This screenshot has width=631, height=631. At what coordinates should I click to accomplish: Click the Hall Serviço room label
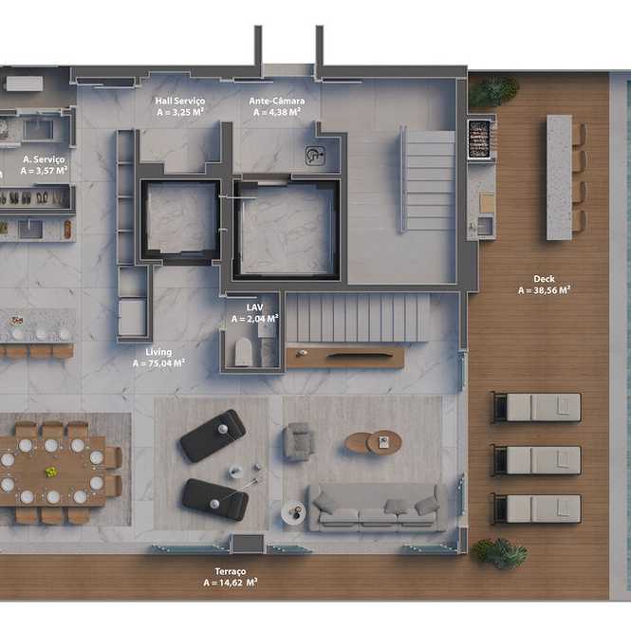click(180, 101)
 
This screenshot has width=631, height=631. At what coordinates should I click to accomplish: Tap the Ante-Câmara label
click(277, 101)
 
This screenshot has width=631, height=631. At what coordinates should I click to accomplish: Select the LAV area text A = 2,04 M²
click(255, 319)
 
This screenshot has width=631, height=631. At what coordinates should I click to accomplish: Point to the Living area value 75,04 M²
click(167, 363)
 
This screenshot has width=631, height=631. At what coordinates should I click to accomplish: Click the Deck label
click(544, 278)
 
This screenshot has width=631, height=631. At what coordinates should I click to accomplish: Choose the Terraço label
click(231, 571)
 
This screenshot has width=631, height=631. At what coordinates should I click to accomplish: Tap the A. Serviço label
click(44, 159)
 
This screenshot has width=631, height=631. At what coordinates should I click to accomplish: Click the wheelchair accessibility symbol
click(315, 156)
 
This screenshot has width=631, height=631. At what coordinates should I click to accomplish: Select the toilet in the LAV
click(243, 352)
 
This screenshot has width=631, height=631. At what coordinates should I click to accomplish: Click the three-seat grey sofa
click(378, 508)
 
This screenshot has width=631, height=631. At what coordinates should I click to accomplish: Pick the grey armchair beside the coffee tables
click(299, 441)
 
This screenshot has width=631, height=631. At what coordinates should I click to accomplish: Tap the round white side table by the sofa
click(293, 512)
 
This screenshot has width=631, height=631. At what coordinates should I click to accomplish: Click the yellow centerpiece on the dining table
click(50, 472)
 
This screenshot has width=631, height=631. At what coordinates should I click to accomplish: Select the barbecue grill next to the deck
click(479, 139)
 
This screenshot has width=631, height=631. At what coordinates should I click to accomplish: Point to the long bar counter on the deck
click(560, 177)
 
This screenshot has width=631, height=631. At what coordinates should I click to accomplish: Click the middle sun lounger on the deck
click(537, 460)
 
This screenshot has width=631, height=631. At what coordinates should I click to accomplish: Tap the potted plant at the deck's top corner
click(492, 91)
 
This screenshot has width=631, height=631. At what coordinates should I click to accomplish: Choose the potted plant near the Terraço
click(500, 553)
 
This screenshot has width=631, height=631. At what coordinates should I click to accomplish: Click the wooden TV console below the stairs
click(345, 358)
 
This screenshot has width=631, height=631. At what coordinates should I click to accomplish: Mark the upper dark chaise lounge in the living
click(213, 436)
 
